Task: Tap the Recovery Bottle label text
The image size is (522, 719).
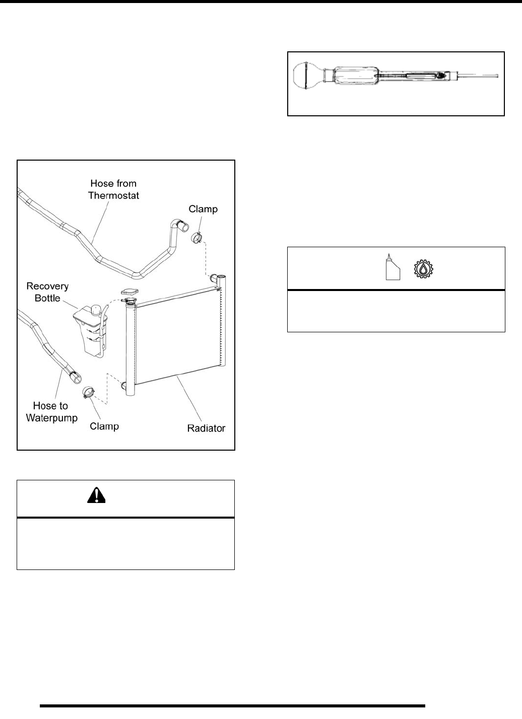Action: tap(48, 292)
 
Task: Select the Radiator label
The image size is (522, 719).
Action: tap(206, 428)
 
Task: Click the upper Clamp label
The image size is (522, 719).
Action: tap(203, 209)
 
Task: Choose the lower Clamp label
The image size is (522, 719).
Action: tap(104, 426)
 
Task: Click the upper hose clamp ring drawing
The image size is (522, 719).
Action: tap(198, 235)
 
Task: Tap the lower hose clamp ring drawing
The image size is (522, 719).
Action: tap(89, 392)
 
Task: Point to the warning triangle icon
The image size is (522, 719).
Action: tap(97, 496)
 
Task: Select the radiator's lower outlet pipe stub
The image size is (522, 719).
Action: tap(124, 387)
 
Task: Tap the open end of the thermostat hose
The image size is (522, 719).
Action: tap(182, 225)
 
